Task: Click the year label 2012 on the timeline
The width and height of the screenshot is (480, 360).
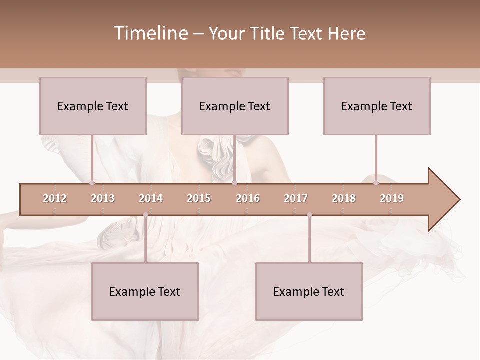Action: (x=55, y=198)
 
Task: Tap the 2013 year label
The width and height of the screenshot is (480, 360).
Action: (x=103, y=198)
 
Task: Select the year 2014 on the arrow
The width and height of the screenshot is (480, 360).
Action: (x=151, y=198)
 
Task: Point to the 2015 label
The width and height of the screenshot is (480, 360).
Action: (x=199, y=198)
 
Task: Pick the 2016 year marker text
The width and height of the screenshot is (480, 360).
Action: (x=248, y=198)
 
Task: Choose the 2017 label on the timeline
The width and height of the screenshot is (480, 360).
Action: (x=296, y=198)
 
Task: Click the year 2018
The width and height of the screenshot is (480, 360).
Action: (x=344, y=198)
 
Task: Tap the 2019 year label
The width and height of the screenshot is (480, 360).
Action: (x=392, y=198)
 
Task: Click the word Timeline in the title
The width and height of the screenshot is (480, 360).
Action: (x=150, y=33)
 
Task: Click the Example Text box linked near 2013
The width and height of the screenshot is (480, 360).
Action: (x=93, y=106)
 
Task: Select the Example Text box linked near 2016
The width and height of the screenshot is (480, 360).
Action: (x=235, y=106)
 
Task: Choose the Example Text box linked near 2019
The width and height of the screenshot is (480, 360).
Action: (x=377, y=106)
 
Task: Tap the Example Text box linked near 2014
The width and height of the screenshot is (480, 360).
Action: (x=145, y=291)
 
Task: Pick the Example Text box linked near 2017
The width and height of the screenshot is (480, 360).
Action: (x=309, y=291)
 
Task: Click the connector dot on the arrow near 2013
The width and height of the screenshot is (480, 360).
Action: (x=92, y=183)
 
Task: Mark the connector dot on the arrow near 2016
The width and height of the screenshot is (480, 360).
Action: (x=235, y=183)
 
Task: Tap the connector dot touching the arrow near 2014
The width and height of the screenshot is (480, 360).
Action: (x=145, y=215)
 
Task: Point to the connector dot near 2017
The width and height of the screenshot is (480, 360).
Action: (x=309, y=215)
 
